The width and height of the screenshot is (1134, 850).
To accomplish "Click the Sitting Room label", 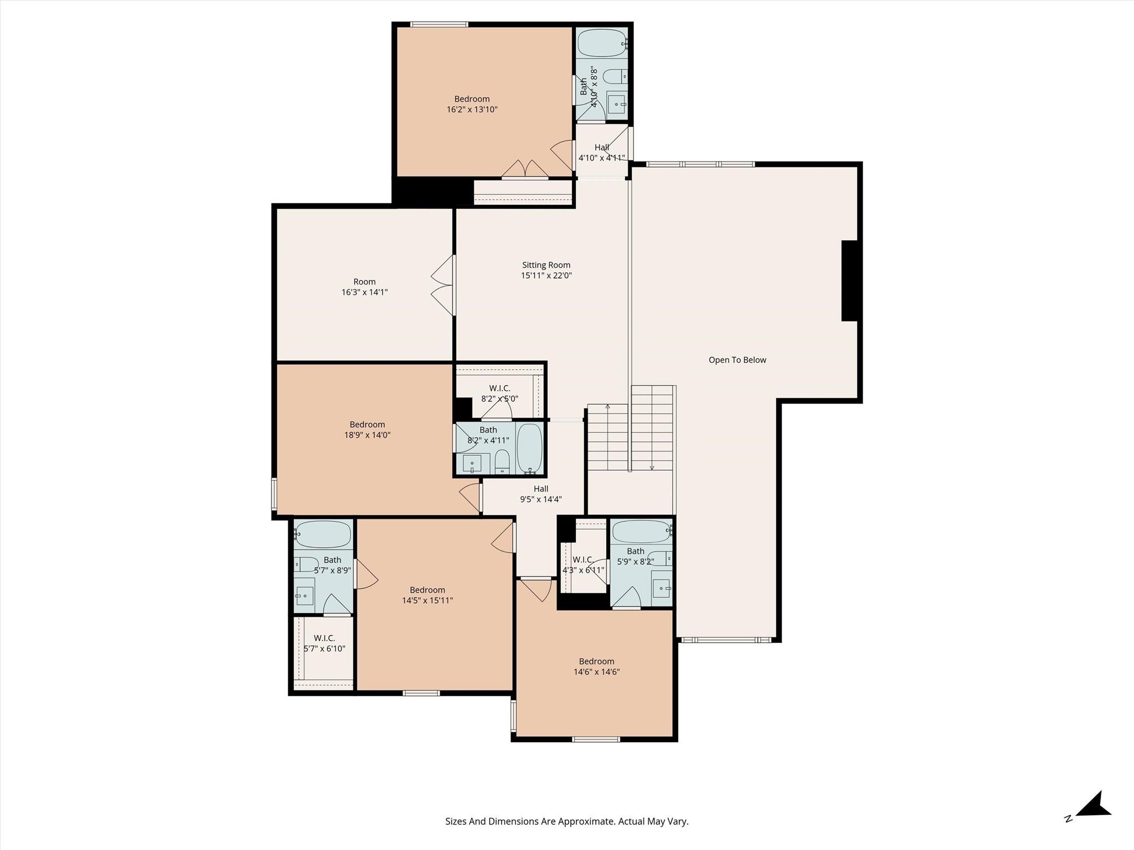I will [x=546, y=265].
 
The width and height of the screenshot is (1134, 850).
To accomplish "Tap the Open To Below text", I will [x=737, y=360].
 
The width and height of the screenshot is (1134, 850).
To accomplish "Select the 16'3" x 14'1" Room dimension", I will [x=364, y=292].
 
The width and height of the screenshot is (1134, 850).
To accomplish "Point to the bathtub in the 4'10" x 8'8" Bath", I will [x=602, y=43].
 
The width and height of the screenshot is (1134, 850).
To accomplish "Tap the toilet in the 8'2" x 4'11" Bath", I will [x=502, y=462].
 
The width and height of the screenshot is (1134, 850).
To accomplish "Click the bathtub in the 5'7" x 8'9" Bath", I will [x=323, y=535].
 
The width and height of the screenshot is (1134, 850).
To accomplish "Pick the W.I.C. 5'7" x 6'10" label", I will [x=324, y=644].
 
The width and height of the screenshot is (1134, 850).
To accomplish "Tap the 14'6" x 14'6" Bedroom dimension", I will [x=596, y=672].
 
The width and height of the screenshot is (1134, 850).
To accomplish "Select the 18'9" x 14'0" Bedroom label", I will [x=367, y=424].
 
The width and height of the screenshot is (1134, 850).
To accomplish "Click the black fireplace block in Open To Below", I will [x=849, y=281].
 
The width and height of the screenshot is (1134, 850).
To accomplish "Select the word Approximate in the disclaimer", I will [x=586, y=821].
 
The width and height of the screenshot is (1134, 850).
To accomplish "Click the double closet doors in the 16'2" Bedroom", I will [x=525, y=169].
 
